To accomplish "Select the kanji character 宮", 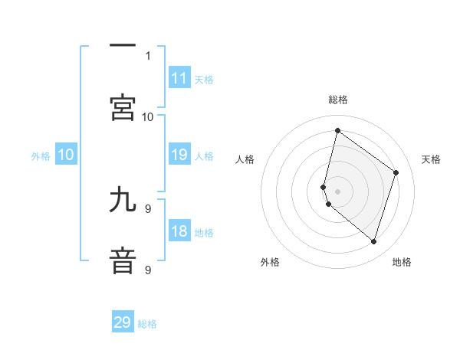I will tap(123, 106).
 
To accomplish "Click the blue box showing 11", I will tap(179, 78).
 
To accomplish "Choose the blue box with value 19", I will tap(179, 155).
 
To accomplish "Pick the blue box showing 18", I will tap(179, 232).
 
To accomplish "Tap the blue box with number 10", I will tap(66, 155).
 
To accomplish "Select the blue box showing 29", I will tap(123, 322).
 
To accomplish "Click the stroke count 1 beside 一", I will tap(148, 55).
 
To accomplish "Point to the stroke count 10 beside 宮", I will tap(148, 116).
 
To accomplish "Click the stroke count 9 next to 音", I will tap(148, 270).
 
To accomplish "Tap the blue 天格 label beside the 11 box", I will tap(204, 79).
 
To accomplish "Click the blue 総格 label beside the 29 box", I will tap(147, 324).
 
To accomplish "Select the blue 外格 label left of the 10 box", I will tap(41, 155).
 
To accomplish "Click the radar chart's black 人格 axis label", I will tap(245, 159).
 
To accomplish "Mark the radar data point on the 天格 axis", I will tap(396, 172).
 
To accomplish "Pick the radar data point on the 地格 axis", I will tap(373, 242).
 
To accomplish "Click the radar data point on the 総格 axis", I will tap(337, 131).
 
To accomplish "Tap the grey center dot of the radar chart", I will tap(337, 191).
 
